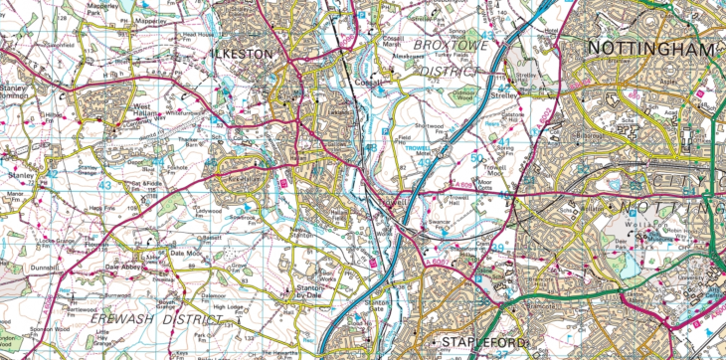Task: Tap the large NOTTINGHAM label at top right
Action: point(650,49)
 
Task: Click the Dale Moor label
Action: point(186,255)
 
